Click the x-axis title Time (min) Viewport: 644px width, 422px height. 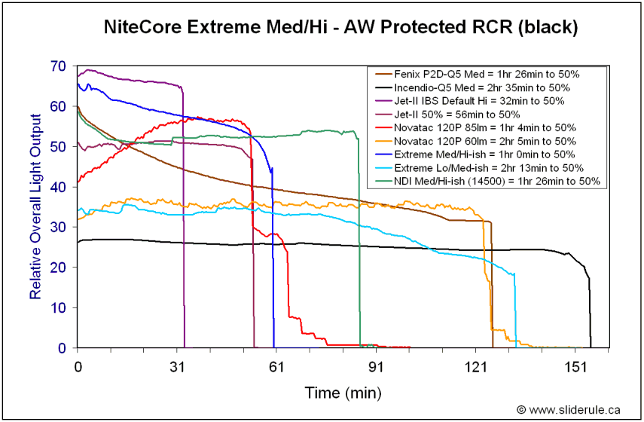pyautogui.click(x=343, y=393)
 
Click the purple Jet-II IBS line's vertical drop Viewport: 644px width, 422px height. pyautogui.click(x=184, y=226)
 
